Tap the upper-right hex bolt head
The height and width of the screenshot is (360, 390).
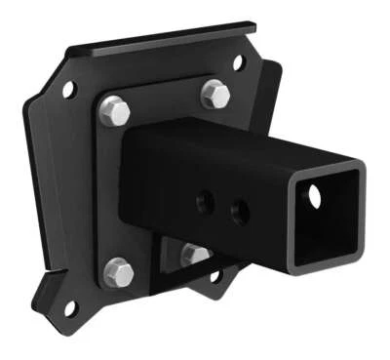click(215, 95)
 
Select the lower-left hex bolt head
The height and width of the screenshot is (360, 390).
click(118, 272)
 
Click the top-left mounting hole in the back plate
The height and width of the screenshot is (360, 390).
click(69, 90)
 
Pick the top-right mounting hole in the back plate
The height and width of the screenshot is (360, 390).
click(239, 63)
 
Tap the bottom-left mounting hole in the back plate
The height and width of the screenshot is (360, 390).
click(69, 308)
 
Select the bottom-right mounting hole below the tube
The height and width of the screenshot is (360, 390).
click(216, 276)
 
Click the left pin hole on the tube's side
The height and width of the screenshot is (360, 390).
click(205, 203)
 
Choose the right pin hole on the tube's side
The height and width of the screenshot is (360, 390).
click(238, 209)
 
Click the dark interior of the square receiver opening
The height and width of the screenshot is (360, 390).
click(331, 220)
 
